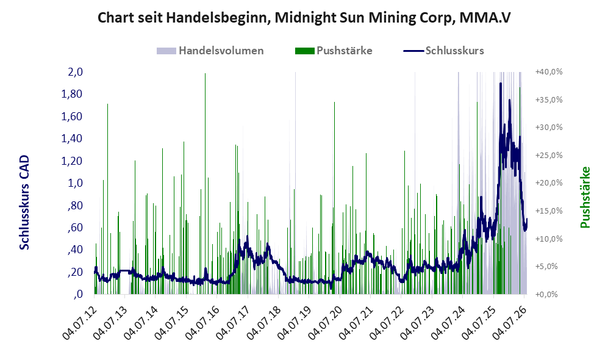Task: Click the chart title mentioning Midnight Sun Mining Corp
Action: pyautogui.click(x=304, y=18)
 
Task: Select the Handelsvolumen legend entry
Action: pyautogui.click(x=210, y=51)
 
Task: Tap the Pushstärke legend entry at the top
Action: pyautogui.click(x=334, y=51)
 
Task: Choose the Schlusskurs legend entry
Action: pyautogui.click(x=443, y=51)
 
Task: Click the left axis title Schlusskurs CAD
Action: pyautogui.click(x=24, y=203)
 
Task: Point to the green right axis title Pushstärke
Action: pyautogui.click(x=585, y=198)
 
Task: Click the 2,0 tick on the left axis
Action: pyautogui.click(x=75, y=72)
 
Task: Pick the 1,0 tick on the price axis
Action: pyautogui.click(x=75, y=183)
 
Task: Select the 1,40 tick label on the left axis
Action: pyautogui.click(x=72, y=139)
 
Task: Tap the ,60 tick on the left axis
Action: pyautogui.click(x=75, y=228)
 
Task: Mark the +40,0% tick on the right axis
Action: pyautogui.click(x=549, y=72)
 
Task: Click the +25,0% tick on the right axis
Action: pyautogui.click(x=549, y=155)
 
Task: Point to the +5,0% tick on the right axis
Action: pyautogui.click(x=547, y=267)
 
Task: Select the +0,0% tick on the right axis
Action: pyautogui.click(x=547, y=295)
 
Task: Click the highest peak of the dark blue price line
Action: pyautogui.click(x=501, y=83)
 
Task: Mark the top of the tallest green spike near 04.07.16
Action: pyautogui.click(x=205, y=74)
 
